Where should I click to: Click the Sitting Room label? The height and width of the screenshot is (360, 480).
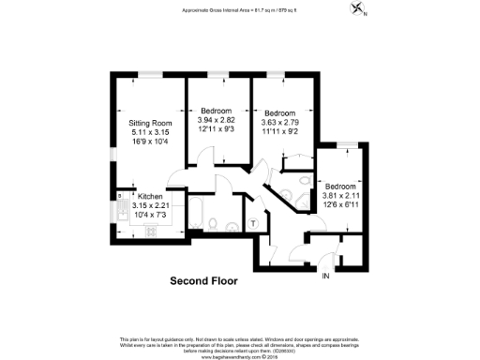click(151, 123)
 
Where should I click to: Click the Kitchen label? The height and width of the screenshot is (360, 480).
click(151, 196)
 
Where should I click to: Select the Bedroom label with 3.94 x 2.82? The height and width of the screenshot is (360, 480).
click(217, 112)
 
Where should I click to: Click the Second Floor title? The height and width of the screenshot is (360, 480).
click(203, 280)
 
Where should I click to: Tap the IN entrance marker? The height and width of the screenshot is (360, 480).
click(326, 277)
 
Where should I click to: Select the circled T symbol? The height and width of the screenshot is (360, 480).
click(254, 223)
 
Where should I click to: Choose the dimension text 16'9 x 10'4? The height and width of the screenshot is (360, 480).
click(151, 141)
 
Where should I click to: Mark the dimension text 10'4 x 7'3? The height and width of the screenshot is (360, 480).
click(151, 214)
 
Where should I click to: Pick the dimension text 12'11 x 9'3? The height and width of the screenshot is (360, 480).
click(217, 129)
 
